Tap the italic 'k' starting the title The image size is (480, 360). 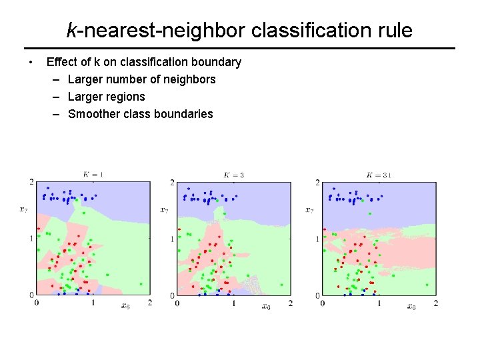pos(71,30)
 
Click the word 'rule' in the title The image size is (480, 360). pos(394,30)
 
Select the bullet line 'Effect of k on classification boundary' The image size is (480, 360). pos(143,62)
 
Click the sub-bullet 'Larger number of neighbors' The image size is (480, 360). pos(141,79)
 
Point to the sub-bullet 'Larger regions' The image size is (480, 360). pos(106,97)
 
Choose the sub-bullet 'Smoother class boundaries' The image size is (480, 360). pos(140,114)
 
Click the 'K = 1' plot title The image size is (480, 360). pos(93,175)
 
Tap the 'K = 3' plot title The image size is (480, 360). pos(233,175)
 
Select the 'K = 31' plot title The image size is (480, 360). pos(378,175)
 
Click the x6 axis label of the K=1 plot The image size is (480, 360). pos(125,306)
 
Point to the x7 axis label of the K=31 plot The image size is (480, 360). pos(309,209)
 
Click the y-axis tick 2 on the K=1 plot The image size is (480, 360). pos(31,182)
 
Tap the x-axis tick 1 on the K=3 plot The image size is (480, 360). pos(233,303)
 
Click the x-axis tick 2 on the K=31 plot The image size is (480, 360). pos(435,303)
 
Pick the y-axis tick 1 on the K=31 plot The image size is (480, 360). pos(317,239)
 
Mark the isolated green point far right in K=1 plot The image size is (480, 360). pos(141,284)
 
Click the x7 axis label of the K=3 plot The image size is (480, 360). pos(164,209)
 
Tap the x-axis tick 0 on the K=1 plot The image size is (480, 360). pos(36,303)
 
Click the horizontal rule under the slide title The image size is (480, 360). pos(240,48)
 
